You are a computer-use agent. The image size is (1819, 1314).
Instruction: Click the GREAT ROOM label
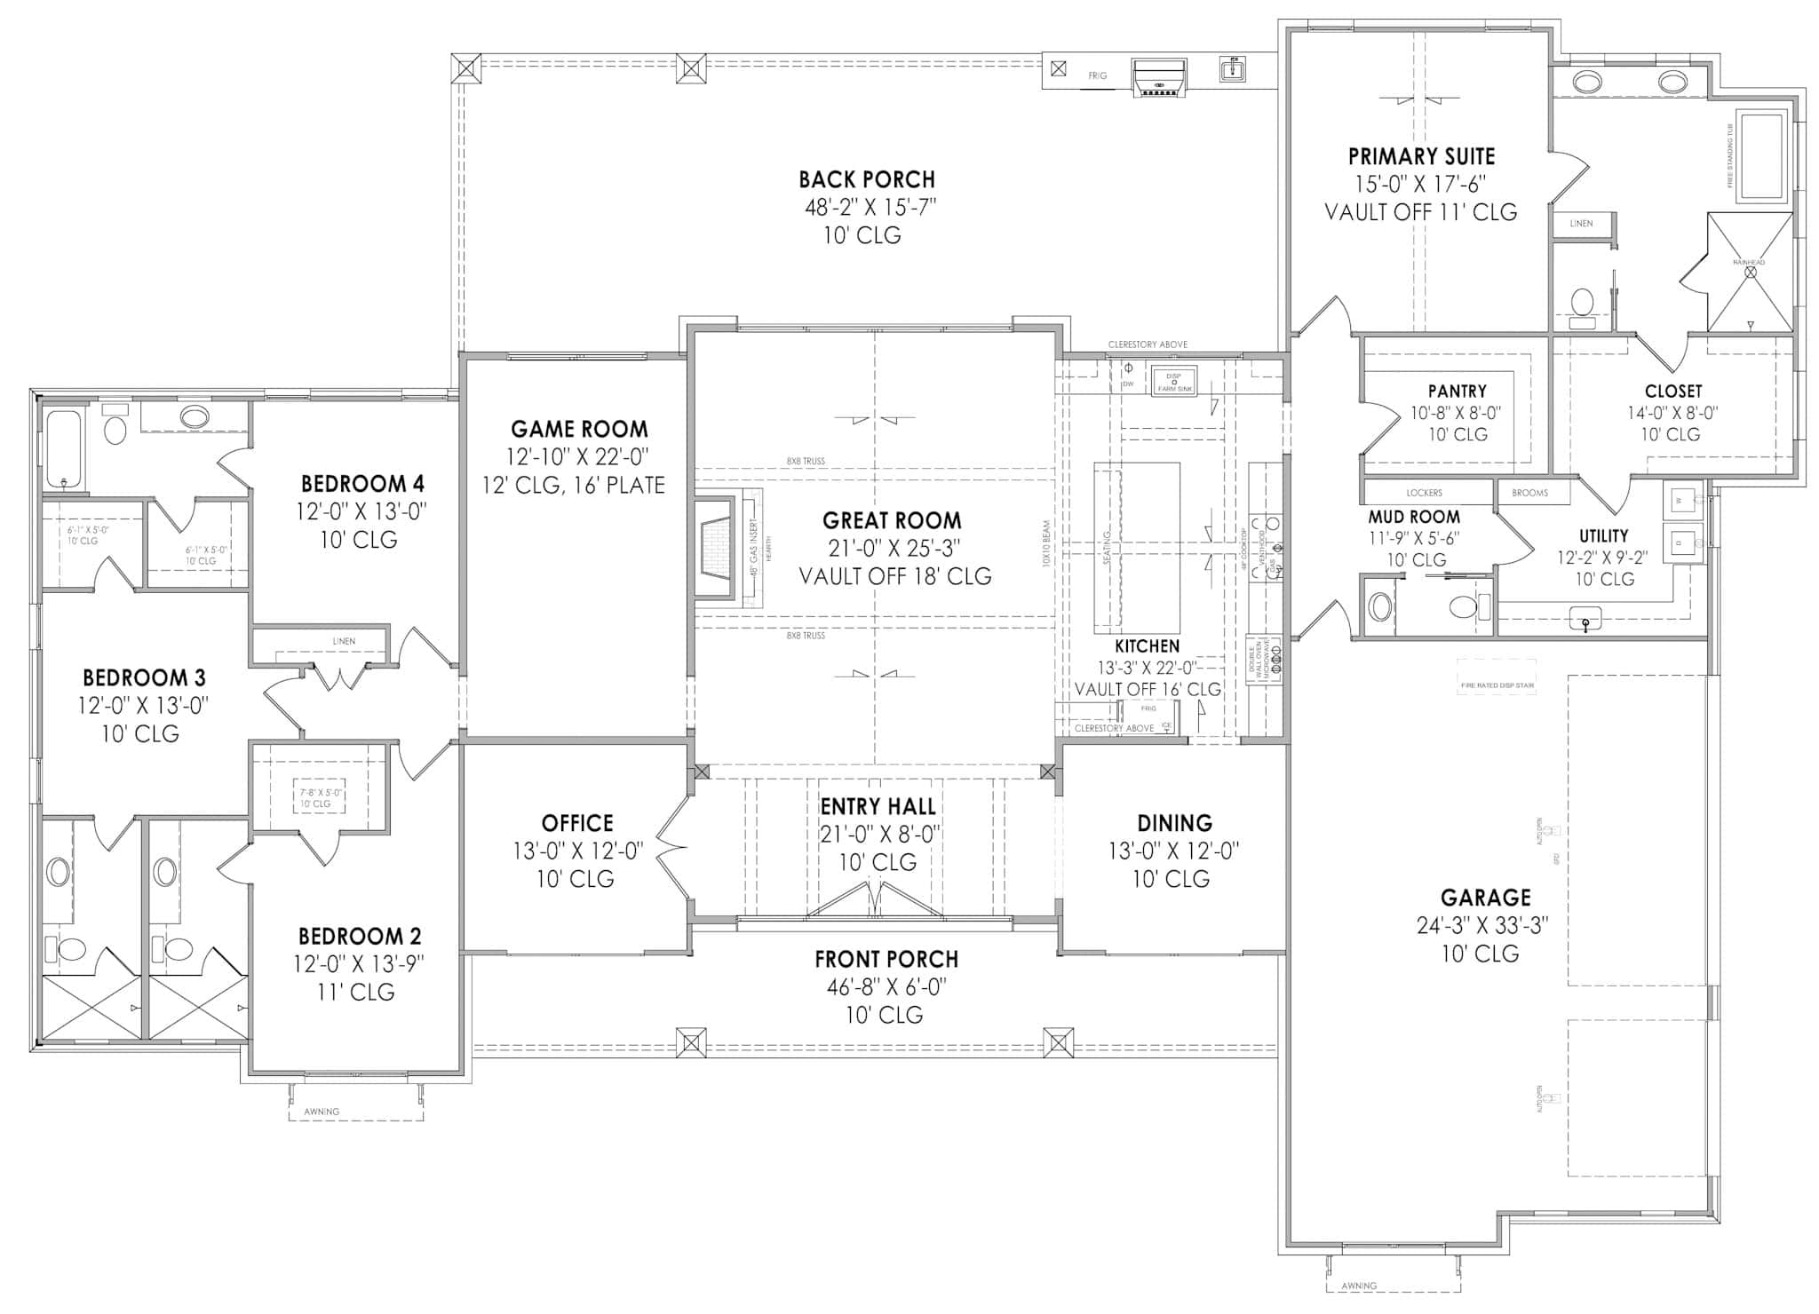(x=891, y=520)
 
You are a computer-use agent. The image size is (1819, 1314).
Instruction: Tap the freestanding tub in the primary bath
(x=1759, y=157)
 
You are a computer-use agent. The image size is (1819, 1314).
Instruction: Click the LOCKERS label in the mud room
(x=1424, y=493)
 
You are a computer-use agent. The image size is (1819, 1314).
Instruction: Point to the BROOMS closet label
(x=1529, y=493)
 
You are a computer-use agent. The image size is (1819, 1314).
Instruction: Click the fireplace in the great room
(x=716, y=548)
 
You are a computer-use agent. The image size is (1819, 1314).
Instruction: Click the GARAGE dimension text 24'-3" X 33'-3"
(x=1482, y=925)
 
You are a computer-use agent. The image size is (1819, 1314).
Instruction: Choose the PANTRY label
(x=1457, y=391)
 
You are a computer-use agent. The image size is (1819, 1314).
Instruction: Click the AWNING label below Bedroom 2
(x=322, y=1112)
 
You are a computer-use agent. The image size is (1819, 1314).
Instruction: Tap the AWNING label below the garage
(x=1359, y=1286)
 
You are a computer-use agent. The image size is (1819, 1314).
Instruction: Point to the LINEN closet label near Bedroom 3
(x=344, y=641)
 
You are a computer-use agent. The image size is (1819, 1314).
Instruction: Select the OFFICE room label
(x=577, y=823)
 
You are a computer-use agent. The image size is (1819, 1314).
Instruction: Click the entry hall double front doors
(x=875, y=899)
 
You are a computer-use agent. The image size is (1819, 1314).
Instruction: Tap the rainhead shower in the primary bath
(x=1750, y=273)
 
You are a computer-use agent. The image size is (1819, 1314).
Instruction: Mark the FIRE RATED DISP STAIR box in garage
(x=1497, y=685)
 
